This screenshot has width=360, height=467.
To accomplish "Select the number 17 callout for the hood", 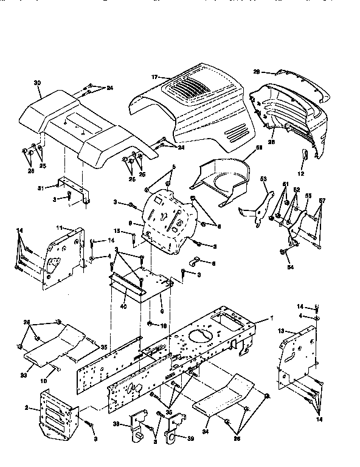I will (x=155, y=77).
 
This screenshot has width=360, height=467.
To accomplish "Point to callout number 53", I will (x=263, y=179).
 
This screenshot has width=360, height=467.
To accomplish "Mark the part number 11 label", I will (x=60, y=227).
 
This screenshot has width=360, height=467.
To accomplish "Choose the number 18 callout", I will (x=164, y=327).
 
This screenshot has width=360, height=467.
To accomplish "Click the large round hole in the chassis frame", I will (x=200, y=337).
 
